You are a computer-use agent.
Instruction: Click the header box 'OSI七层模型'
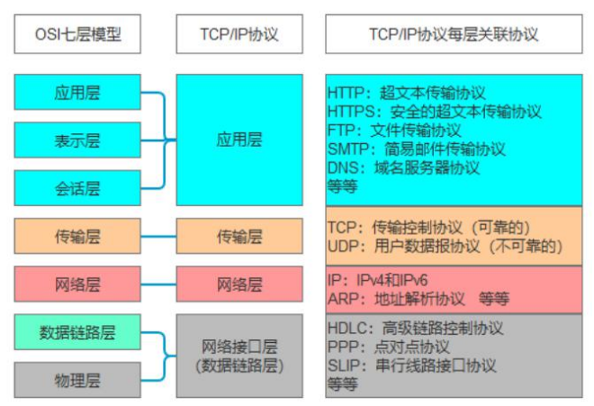tap(77, 34)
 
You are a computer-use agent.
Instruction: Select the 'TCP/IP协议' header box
tap(239, 34)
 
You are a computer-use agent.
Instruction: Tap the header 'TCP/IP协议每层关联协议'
tap(454, 34)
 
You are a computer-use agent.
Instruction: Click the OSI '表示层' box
tap(77, 140)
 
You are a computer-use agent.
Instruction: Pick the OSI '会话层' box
tap(77, 188)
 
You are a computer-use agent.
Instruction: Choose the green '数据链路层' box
tap(77, 332)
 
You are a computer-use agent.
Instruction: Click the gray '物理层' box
tap(77, 380)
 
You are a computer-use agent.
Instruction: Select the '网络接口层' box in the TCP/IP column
tap(239, 356)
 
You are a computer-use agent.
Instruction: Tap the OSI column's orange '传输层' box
tap(77, 236)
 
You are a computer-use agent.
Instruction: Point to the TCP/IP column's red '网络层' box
tap(239, 284)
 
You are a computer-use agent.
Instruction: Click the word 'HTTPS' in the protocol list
tap(351, 112)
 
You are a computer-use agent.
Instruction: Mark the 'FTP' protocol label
tap(341, 131)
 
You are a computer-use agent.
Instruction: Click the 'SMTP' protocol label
tap(348, 149)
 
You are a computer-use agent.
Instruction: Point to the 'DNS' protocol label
tap(343, 167)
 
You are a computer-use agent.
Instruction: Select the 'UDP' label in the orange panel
tap(343, 246)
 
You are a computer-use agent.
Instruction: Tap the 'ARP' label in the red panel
tap(343, 299)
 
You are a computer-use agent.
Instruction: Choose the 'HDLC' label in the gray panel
tap(347, 328)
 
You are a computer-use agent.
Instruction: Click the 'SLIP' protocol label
tap(343, 365)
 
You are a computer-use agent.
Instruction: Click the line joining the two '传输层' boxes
tap(158, 236)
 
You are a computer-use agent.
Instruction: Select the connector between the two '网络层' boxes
tap(158, 284)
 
